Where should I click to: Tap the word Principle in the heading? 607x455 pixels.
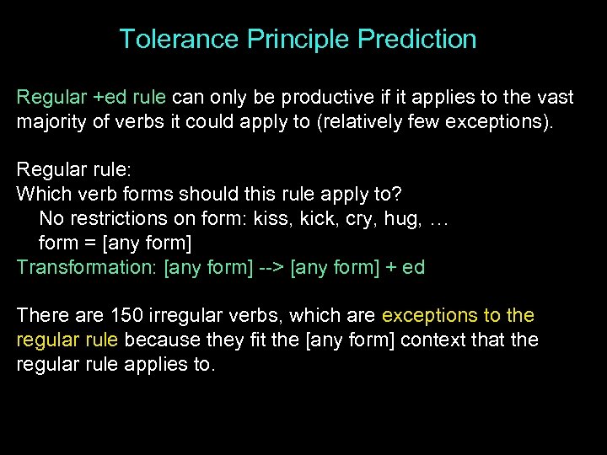[297, 39]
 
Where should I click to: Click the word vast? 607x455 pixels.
[553, 98]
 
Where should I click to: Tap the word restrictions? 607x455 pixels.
[113, 219]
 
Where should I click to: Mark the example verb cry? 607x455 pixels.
[358, 219]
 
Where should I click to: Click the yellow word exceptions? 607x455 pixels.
[428, 316]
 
